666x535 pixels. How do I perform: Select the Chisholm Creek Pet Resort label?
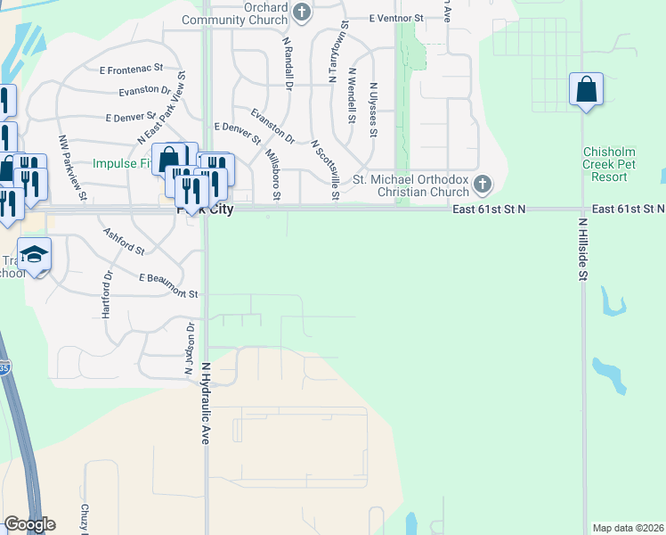pyautogui.click(x=617, y=165)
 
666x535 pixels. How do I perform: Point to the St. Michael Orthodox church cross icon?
pyautogui.click(x=483, y=185)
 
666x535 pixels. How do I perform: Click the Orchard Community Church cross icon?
pyautogui.click(x=302, y=12)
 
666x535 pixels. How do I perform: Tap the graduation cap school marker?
pyautogui.click(x=35, y=255)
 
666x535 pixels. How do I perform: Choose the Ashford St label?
pyautogui.click(x=123, y=241)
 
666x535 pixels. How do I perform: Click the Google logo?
pyautogui.click(x=28, y=524)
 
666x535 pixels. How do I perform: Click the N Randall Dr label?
pyautogui.click(x=288, y=63)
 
